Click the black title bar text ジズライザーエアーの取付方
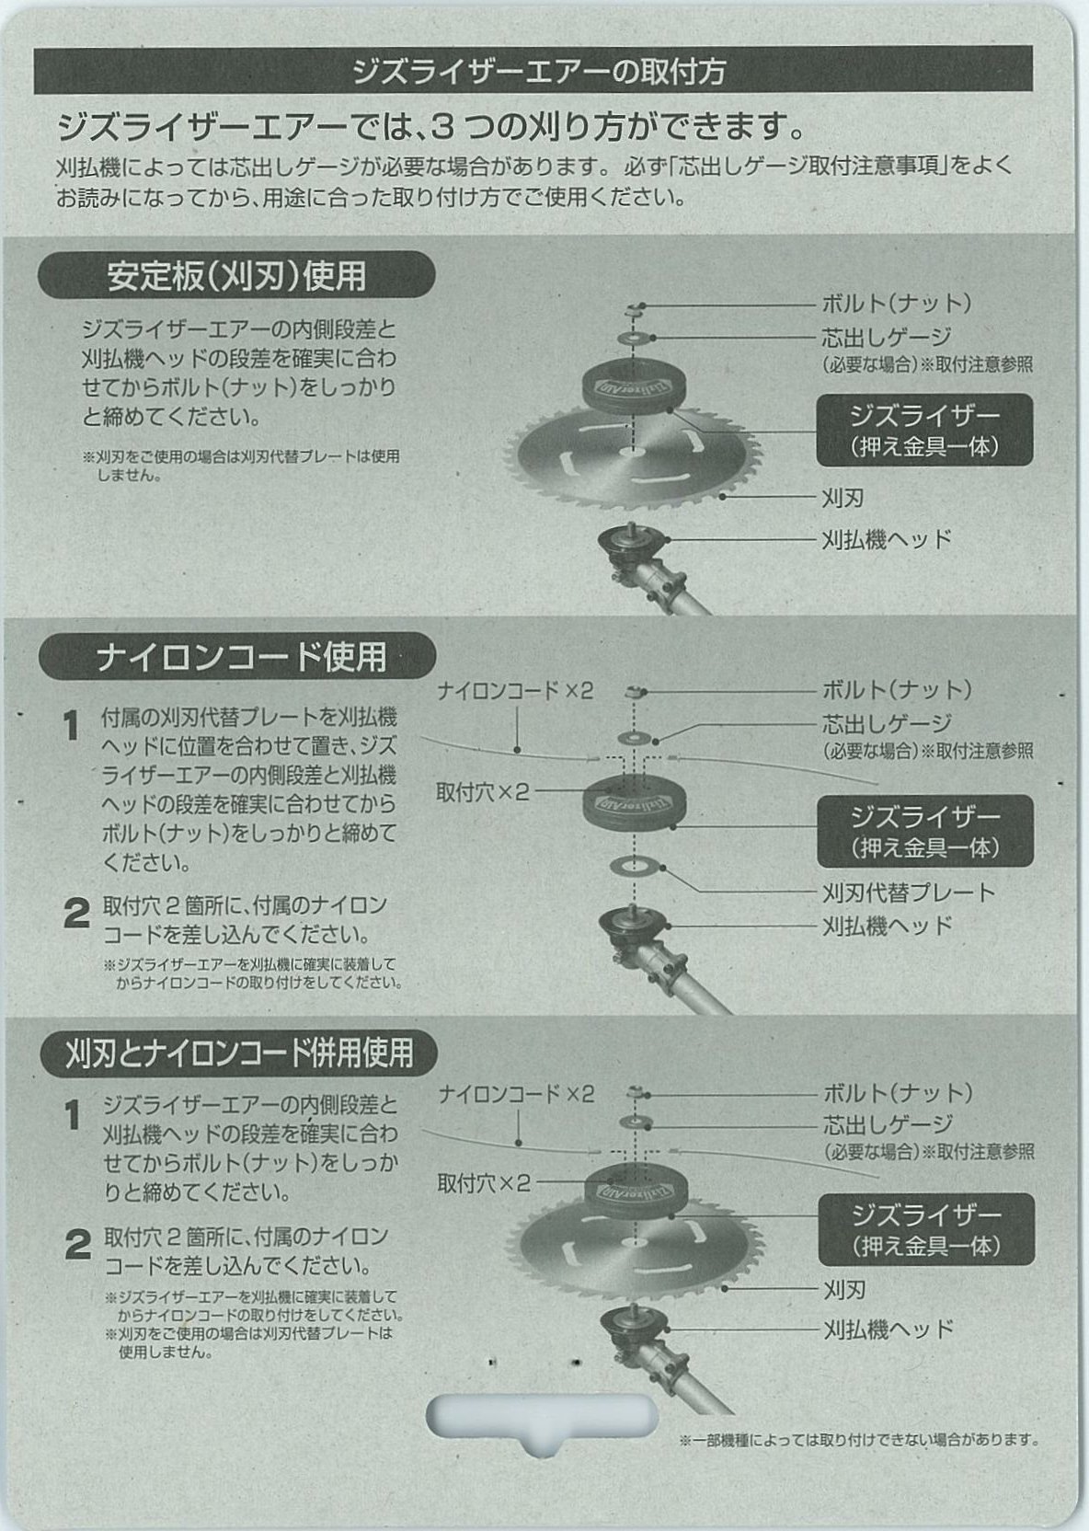(539, 71)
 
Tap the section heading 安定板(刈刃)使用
(236, 276)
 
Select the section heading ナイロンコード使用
(241, 657)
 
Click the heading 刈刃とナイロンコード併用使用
(239, 1053)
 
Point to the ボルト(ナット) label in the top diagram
(897, 303)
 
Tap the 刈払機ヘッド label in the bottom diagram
(888, 1330)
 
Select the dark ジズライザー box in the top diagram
(925, 430)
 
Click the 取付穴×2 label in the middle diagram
(483, 792)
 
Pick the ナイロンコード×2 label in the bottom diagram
(516, 1094)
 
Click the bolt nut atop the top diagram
(634, 309)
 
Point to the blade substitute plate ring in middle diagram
(633, 866)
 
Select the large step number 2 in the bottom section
(78, 1245)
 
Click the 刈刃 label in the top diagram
(843, 498)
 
